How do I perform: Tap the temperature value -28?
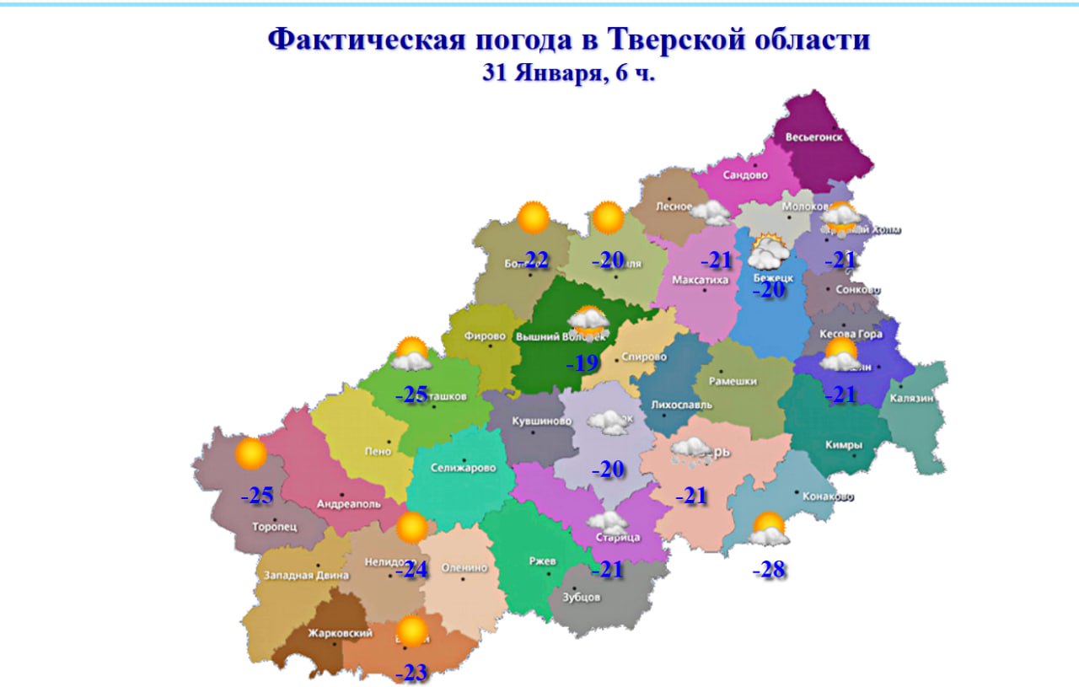coord(769,571)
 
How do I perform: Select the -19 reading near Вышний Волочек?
coord(582,364)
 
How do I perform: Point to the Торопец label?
coord(275,528)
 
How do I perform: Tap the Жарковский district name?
coord(316,633)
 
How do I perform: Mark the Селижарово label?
coord(463,468)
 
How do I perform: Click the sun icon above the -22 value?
coord(533,218)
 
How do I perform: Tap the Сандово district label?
coord(745,175)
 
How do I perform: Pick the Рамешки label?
coord(733,381)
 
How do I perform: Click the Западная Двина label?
coord(306,576)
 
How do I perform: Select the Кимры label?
coord(844,445)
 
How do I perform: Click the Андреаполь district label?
coord(348,504)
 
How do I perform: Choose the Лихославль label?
coord(681,405)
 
